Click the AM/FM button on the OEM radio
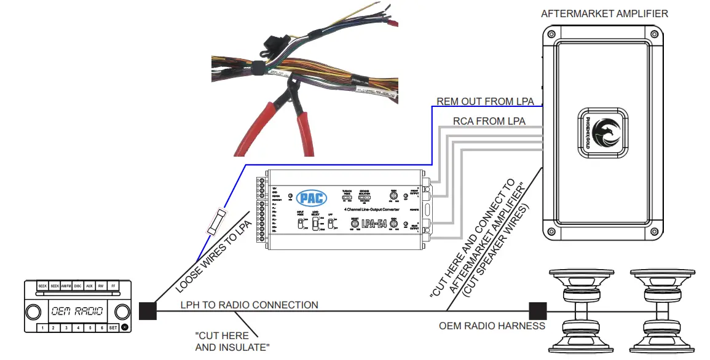[66, 286]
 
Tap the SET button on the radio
[112, 328]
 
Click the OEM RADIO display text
[77, 311]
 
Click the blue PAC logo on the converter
[312, 198]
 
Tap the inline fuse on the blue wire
[217, 221]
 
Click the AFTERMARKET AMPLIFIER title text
[604, 14]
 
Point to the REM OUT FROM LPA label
[485, 101]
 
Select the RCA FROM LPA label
[489, 121]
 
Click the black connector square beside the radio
[148, 311]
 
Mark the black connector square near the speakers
[538, 311]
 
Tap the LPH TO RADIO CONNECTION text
[249, 305]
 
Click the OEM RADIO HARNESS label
[491, 326]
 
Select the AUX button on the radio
[89, 286]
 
